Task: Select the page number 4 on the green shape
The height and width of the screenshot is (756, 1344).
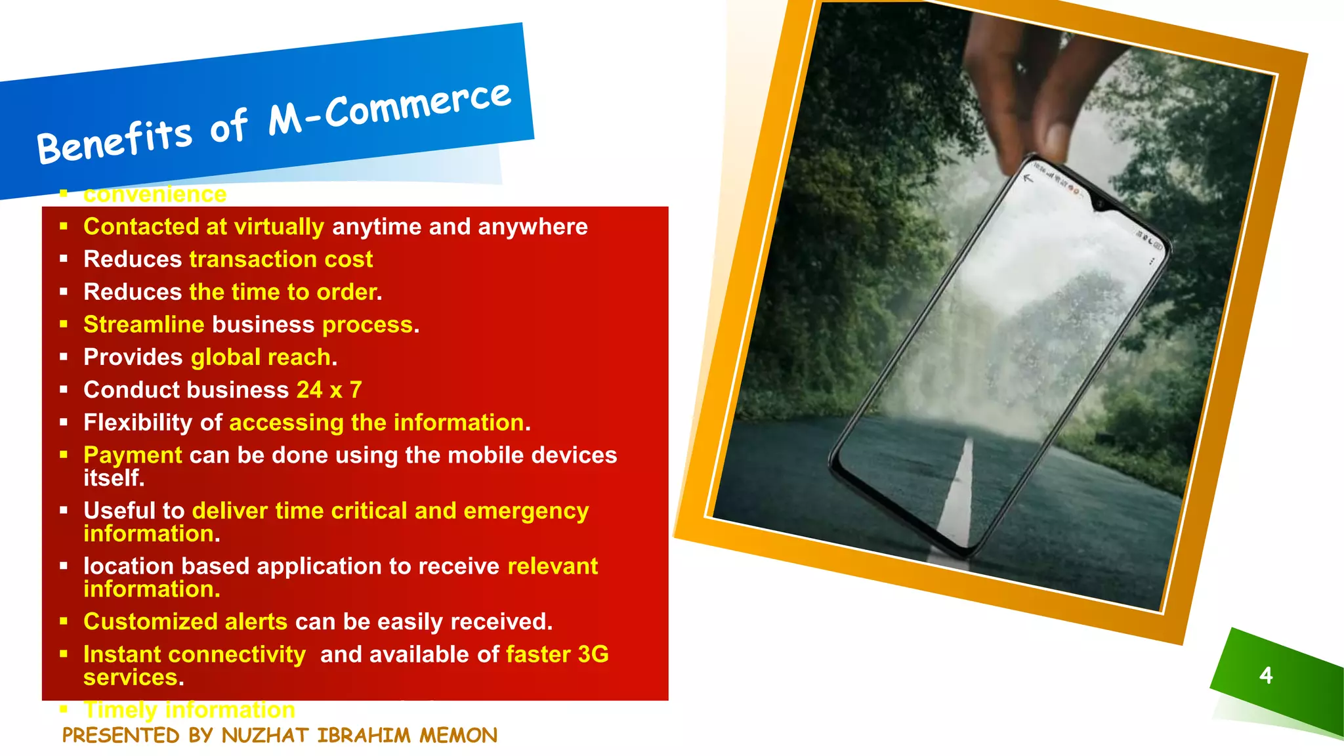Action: coord(1266,675)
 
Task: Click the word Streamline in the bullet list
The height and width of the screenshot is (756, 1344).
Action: coord(144,325)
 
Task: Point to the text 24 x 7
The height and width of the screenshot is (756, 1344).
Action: coord(329,390)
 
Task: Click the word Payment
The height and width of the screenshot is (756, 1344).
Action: coord(133,455)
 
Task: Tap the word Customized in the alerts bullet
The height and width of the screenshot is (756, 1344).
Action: coord(150,621)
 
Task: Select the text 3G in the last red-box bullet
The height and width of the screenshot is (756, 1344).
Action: coord(593,654)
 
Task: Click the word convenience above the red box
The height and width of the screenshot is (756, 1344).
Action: coord(155,194)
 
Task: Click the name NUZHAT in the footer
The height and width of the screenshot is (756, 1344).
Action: coord(266,736)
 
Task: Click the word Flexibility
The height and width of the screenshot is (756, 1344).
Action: coord(138,423)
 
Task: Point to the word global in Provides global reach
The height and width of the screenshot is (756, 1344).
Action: coord(226,358)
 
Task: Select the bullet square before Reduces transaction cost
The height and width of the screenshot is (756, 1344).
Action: coord(64,259)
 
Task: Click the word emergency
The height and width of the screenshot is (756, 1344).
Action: coord(526,511)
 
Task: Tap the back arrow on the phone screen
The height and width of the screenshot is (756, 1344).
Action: coord(1028,178)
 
